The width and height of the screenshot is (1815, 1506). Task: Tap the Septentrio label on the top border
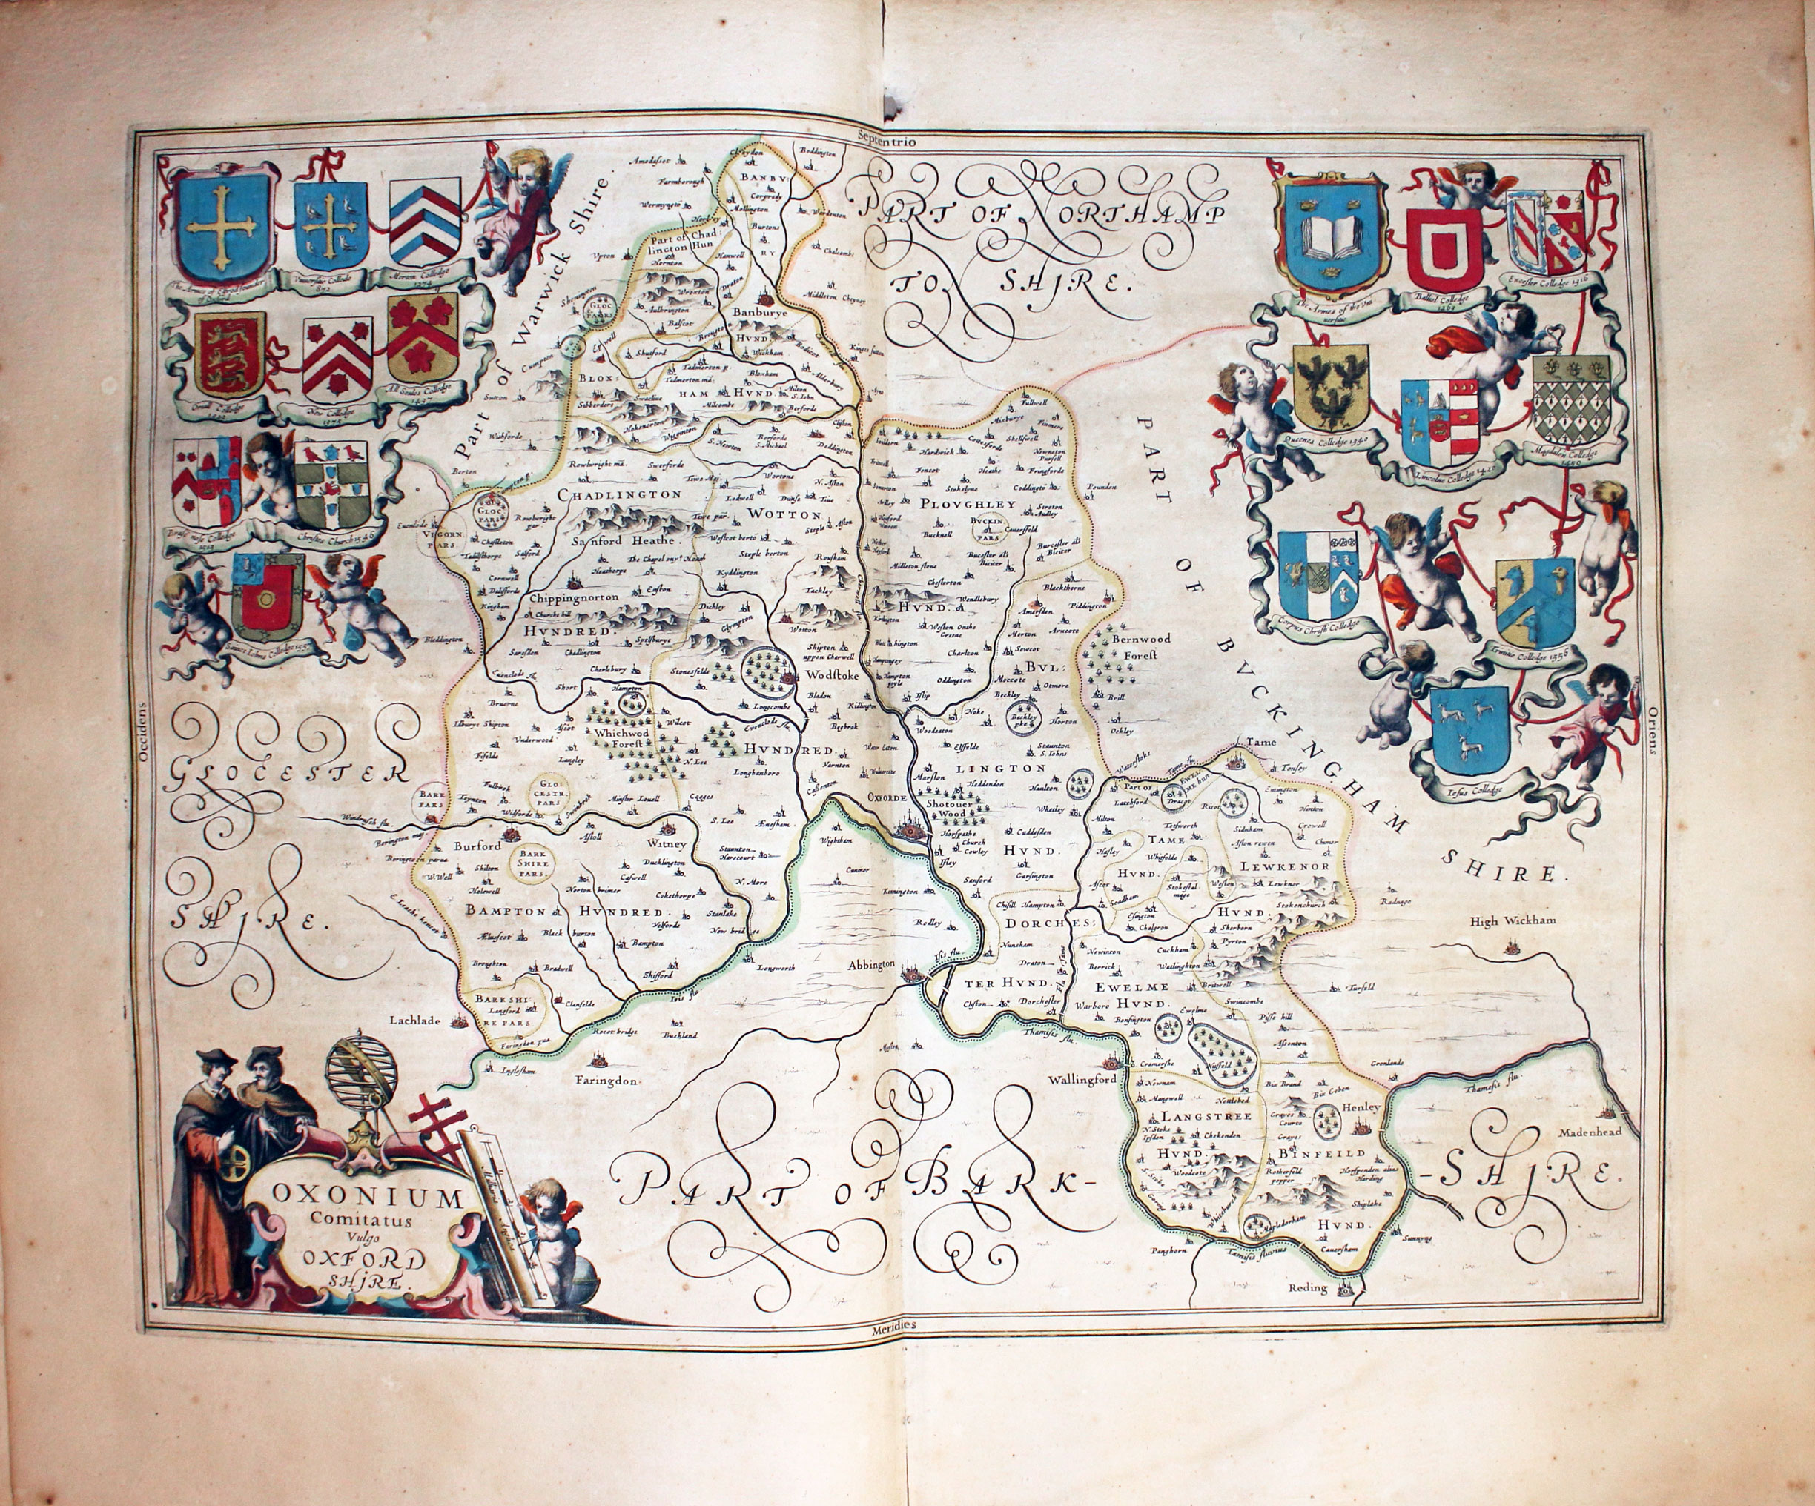coord(886,136)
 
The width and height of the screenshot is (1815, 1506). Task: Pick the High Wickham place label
coord(1512,920)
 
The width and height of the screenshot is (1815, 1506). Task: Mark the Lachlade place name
coord(415,1020)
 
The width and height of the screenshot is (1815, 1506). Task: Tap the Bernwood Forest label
coord(1140,646)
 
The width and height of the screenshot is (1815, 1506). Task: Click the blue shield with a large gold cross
coord(222,224)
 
